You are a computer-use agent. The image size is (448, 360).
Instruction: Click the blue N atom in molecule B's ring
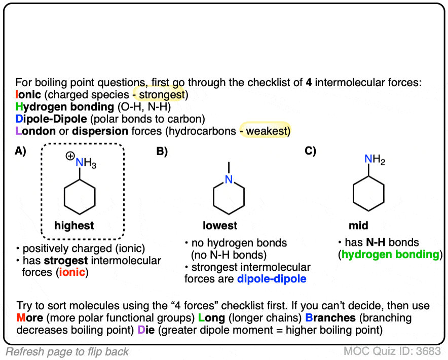click(x=229, y=179)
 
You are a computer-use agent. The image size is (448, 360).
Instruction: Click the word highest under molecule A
click(x=74, y=225)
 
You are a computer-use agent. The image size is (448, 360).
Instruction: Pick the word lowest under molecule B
click(x=220, y=225)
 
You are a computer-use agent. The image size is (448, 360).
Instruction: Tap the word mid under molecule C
click(x=358, y=225)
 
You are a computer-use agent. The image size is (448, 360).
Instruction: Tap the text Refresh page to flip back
click(x=67, y=351)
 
